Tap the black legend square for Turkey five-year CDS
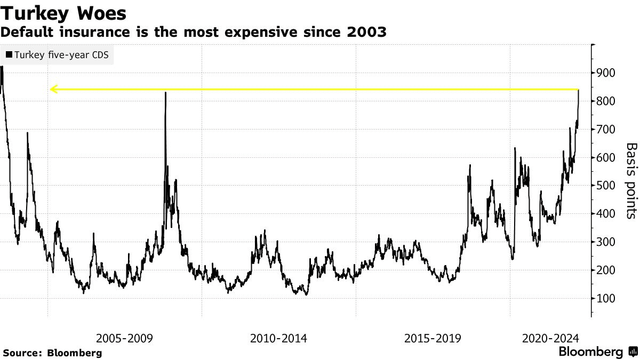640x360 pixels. (x=9, y=54)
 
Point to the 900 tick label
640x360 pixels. (x=607, y=73)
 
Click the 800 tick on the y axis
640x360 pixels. (x=607, y=101)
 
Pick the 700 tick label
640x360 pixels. (x=607, y=130)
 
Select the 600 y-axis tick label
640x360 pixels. (x=607, y=158)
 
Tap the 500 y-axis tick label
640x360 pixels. (x=607, y=186)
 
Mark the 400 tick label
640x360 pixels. (x=607, y=214)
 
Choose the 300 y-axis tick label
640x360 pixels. (x=607, y=242)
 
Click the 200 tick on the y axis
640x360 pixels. (x=607, y=270)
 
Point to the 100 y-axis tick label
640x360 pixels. (x=607, y=299)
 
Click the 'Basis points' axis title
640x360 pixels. (x=631, y=180)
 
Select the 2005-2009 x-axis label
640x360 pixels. (x=125, y=338)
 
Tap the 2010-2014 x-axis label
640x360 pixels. (x=279, y=338)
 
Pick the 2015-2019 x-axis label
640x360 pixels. (x=433, y=338)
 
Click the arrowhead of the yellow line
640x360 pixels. (x=52, y=89)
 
